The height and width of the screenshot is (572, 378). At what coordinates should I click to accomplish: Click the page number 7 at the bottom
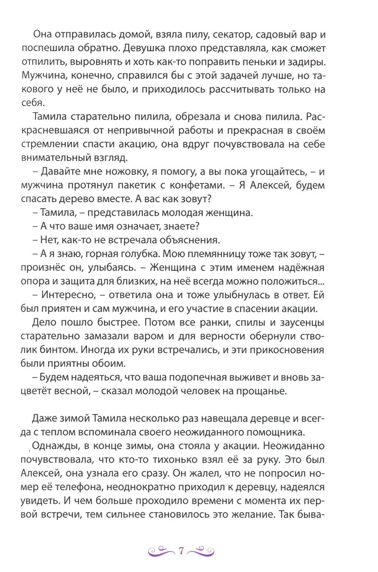coord(181,551)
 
